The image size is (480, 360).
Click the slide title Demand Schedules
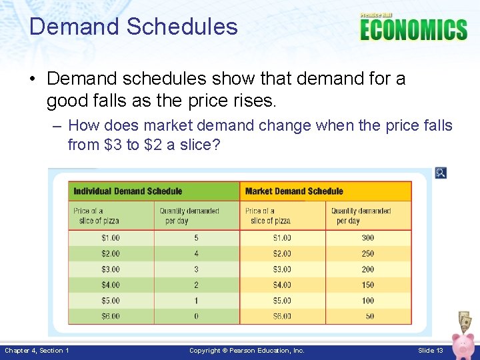[x=133, y=27]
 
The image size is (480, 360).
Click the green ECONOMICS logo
[x=413, y=29]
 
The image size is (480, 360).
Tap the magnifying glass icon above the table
[x=440, y=173]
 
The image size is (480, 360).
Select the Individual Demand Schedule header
[x=127, y=191]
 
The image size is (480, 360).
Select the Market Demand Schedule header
[x=294, y=191]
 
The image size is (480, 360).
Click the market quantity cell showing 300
[x=368, y=238]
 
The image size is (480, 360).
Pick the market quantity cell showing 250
[x=368, y=254]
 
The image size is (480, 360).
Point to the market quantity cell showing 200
[x=368, y=269]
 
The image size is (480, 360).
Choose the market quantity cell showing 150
[x=368, y=285]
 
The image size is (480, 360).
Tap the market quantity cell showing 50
[x=370, y=316]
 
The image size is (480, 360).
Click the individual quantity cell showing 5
[x=196, y=238]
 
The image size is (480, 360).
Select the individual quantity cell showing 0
[x=196, y=316]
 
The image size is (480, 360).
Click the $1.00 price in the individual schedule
[x=111, y=238]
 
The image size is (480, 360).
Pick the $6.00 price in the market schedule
[x=282, y=316]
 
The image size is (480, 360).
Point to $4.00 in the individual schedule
[x=111, y=285]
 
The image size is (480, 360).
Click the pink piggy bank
[x=462, y=344]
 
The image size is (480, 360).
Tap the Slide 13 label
[x=431, y=351]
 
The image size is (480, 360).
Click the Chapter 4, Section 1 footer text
[x=37, y=351]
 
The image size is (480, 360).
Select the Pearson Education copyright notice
[x=247, y=351]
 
